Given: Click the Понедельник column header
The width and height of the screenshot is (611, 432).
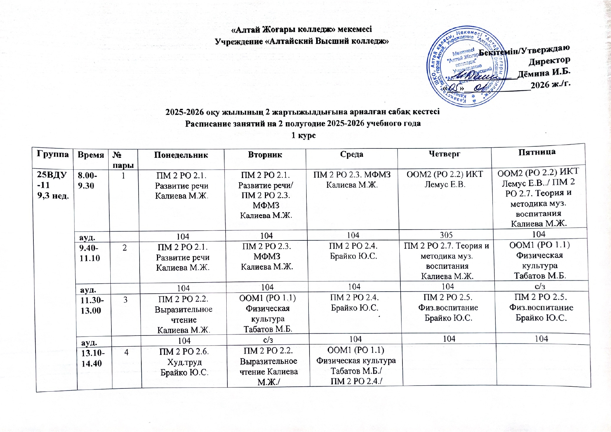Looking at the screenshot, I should (x=181, y=155).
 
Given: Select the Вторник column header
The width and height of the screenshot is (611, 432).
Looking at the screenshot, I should (x=265, y=154).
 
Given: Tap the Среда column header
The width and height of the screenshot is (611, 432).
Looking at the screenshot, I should (x=352, y=154).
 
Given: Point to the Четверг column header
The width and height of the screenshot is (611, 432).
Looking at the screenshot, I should (x=445, y=154).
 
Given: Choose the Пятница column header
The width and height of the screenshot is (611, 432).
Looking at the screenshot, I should (x=537, y=152).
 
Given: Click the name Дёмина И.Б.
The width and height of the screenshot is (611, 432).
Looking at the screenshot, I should (x=544, y=73).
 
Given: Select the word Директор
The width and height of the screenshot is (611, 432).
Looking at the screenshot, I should (x=549, y=62).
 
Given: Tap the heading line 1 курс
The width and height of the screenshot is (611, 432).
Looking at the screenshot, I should (x=303, y=135).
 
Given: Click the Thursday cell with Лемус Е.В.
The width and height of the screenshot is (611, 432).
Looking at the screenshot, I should (x=445, y=179).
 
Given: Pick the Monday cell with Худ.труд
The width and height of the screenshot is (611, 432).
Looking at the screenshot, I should (x=184, y=362).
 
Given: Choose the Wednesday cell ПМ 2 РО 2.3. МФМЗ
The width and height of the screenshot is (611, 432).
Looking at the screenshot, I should (x=352, y=179).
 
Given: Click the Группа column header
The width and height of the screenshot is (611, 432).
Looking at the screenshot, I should (x=52, y=154).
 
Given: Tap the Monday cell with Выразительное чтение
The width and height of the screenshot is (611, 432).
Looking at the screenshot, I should (x=184, y=314).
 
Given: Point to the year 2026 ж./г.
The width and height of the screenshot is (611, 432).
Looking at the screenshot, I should (x=550, y=85).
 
